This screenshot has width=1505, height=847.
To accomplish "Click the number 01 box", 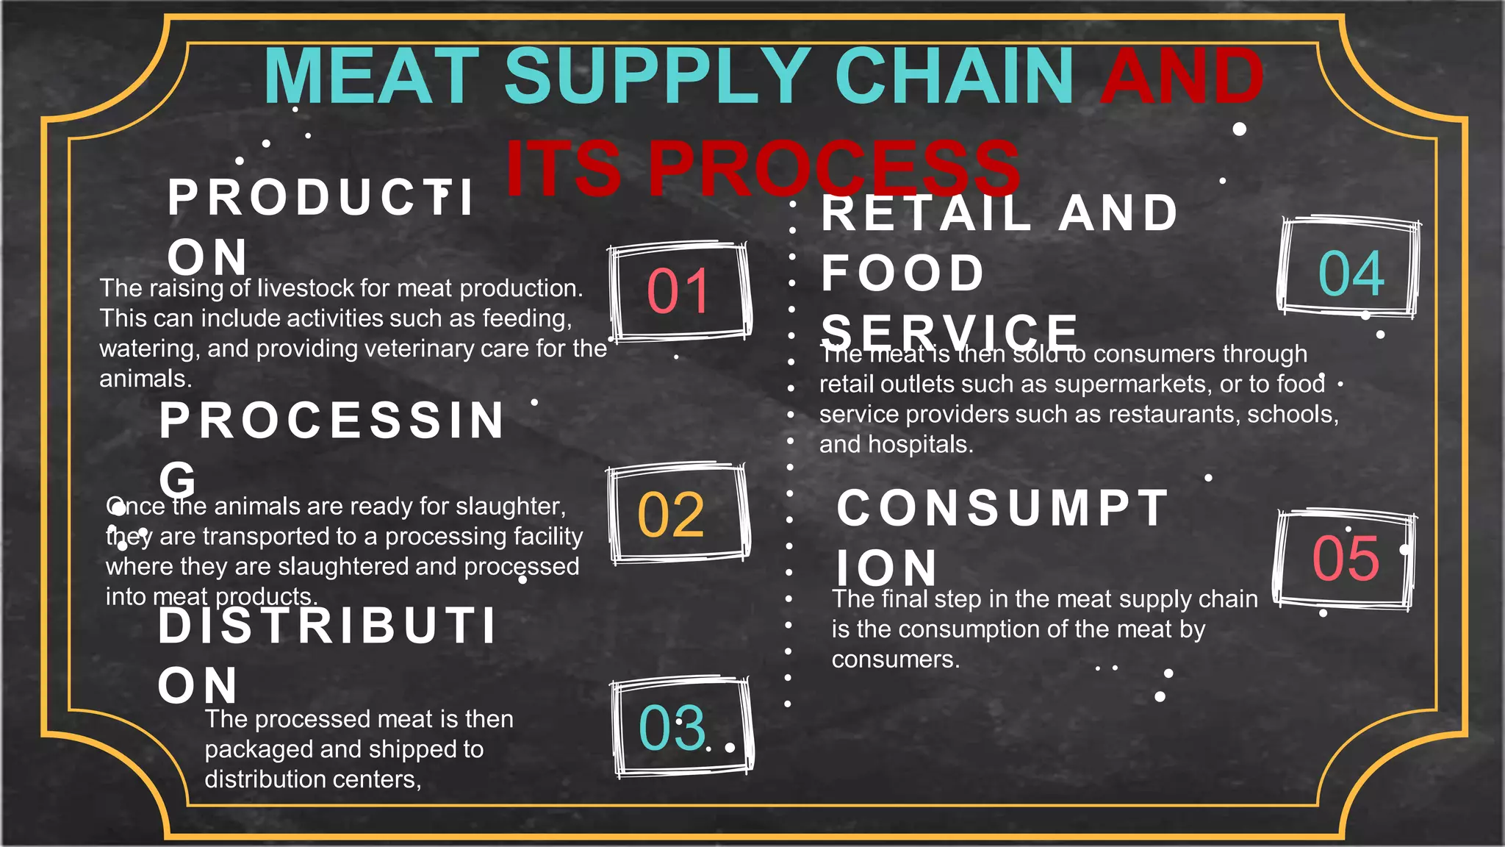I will tap(678, 291).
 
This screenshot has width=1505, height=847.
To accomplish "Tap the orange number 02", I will tap(671, 515).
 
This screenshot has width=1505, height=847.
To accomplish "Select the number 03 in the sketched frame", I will tap(672, 728).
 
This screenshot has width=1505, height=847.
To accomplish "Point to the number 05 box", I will tap(1346, 558).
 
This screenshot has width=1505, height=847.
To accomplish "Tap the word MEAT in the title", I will tap(371, 76).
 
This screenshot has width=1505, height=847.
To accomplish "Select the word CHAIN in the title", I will tap(954, 76).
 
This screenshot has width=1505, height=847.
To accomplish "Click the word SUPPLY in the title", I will tap(657, 76).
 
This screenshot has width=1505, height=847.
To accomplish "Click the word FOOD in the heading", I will tap(903, 274).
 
